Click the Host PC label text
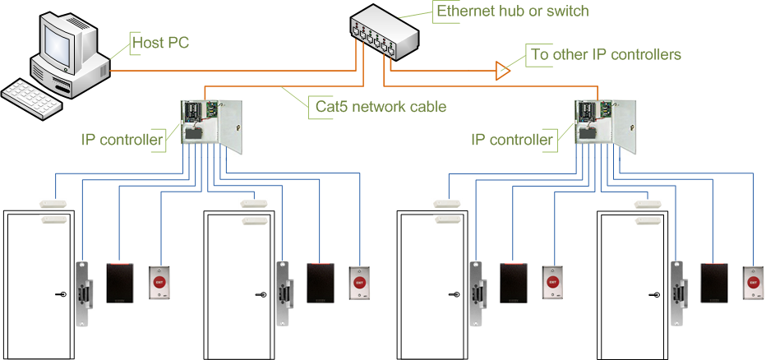tap(160, 41)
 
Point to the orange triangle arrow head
tap(502, 72)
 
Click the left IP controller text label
tap(122, 140)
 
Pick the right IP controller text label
tap(511, 140)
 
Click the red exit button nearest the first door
tap(159, 282)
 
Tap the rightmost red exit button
tap(752, 282)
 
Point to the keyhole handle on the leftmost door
tap(61, 294)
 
